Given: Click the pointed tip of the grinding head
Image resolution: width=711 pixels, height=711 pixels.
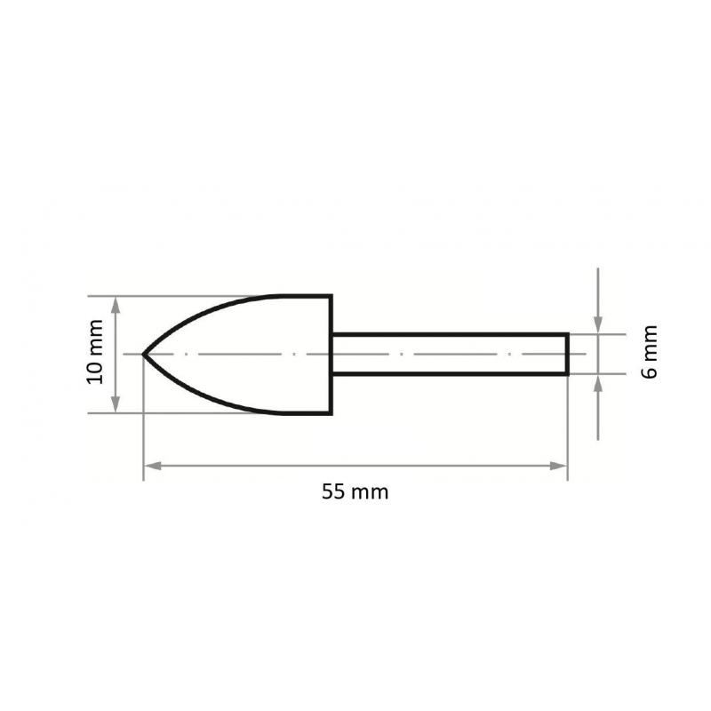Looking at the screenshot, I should [x=145, y=354].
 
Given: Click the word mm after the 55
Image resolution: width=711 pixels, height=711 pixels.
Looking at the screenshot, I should [x=370, y=491].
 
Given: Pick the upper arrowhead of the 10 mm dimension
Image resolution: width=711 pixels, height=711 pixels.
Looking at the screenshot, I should [x=115, y=304].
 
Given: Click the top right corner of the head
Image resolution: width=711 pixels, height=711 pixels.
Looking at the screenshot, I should [x=332, y=296].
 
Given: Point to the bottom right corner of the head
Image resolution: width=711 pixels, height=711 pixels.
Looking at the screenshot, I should [x=332, y=413].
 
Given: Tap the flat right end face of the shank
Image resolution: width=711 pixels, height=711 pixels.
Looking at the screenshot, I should [x=567, y=354].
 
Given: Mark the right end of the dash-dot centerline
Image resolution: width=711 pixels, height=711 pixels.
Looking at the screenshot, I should [x=587, y=354].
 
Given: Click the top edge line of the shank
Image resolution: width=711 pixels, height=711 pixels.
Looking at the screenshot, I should [x=449, y=334].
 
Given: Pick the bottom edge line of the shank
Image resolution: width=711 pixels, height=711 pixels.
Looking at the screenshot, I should [x=449, y=374].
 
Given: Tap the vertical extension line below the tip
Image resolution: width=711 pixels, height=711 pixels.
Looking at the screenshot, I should [x=144, y=427].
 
